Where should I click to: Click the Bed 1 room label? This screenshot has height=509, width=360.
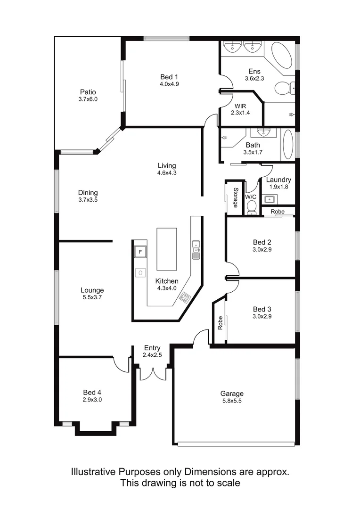tap(169, 77)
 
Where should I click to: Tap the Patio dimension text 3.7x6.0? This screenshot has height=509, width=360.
tap(88, 99)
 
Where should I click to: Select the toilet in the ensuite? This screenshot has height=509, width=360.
tap(284, 87)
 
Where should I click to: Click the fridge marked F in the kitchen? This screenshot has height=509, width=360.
tap(139, 252)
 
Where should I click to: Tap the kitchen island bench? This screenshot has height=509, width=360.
tap(166, 249)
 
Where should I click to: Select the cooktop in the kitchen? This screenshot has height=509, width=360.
tap(186, 297)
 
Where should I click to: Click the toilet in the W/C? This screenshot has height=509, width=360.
tap(252, 207)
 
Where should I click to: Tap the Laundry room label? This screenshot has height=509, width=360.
tap(278, 180)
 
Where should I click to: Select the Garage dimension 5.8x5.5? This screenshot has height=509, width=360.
tap(232, 401)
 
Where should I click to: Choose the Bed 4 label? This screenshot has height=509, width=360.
tap(92, 392)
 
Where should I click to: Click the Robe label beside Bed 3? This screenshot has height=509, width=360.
tap(220, 322)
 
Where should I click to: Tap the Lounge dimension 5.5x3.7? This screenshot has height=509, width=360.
tap(92, 298)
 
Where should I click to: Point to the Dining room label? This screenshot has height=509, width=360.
tap(88, 192)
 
